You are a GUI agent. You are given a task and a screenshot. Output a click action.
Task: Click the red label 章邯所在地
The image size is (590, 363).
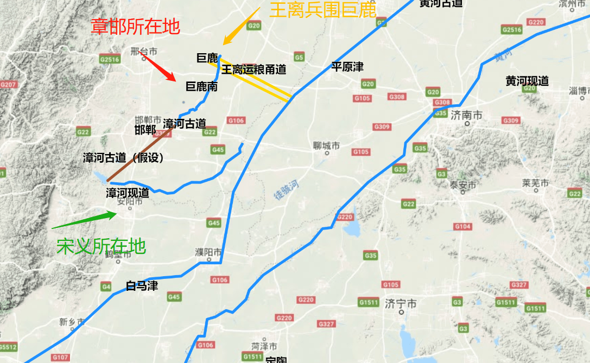pos(135,27)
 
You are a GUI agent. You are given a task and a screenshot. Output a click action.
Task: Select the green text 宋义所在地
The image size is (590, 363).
pos(101,246)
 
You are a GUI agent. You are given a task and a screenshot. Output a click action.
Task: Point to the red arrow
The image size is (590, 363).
pos(158,66)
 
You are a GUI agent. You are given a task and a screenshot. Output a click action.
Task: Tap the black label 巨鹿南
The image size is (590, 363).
pos(201,86)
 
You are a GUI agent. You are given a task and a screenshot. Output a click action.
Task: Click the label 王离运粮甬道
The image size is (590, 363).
pos(253,69)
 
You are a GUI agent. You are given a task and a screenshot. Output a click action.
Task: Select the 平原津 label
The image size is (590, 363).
pos(347,67)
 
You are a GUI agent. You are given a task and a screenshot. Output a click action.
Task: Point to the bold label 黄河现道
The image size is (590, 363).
pos(527,81)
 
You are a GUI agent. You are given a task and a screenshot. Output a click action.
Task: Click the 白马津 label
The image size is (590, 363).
pos(142,285)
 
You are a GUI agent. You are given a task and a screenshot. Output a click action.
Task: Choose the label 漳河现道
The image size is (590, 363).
pos(128,193)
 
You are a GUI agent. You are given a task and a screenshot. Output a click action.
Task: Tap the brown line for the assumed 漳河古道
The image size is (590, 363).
pos(138,155)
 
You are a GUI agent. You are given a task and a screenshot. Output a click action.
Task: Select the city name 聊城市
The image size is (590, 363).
pos(327,145)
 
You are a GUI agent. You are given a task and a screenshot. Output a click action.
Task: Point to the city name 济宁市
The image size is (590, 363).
pos(400,303)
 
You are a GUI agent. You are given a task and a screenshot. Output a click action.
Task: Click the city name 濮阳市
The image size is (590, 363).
pos(208,252)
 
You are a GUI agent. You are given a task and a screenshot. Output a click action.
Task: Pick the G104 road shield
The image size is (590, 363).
pos(463,226)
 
